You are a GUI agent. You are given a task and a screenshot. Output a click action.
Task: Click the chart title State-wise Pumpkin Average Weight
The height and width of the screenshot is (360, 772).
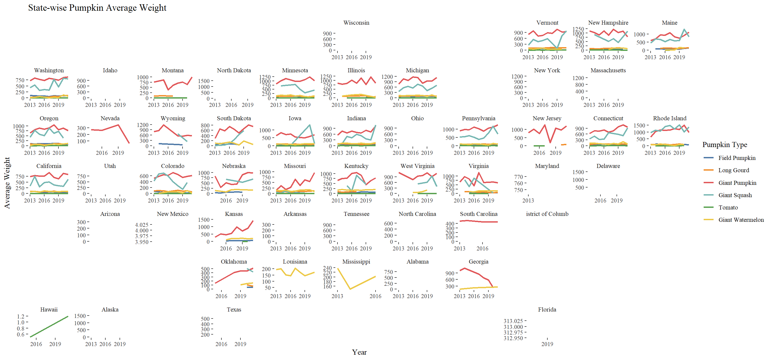(97, 8)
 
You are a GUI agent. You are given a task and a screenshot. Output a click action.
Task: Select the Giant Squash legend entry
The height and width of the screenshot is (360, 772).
(735, 195)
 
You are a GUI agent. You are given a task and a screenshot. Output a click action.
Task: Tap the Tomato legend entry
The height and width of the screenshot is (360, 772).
(728, 208)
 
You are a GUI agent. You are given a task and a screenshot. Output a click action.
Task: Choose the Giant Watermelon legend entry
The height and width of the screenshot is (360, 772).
(741, 220)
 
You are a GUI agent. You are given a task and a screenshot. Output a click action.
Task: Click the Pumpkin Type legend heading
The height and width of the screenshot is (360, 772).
(725, 145)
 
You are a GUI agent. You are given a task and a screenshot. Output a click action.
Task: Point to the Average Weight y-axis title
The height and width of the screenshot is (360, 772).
(7, 183)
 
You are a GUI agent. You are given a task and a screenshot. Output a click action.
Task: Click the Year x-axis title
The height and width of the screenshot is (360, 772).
(359, 352)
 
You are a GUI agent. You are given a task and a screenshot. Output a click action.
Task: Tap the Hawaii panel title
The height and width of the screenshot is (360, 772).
(49, 309)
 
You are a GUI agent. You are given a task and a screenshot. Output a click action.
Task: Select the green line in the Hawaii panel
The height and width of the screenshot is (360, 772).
(49, 327)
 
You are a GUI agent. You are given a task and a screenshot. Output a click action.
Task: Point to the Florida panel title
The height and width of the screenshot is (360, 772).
(547, 309)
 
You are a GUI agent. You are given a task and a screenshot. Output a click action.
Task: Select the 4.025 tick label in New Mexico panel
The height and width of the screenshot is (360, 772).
(142, 225)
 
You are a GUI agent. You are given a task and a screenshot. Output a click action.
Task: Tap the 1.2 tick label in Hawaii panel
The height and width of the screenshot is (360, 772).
(21, 316)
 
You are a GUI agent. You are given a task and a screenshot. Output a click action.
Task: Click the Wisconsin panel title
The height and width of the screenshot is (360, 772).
(356, 23)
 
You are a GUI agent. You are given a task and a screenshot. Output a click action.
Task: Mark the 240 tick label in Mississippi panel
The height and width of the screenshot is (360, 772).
(327, 268)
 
